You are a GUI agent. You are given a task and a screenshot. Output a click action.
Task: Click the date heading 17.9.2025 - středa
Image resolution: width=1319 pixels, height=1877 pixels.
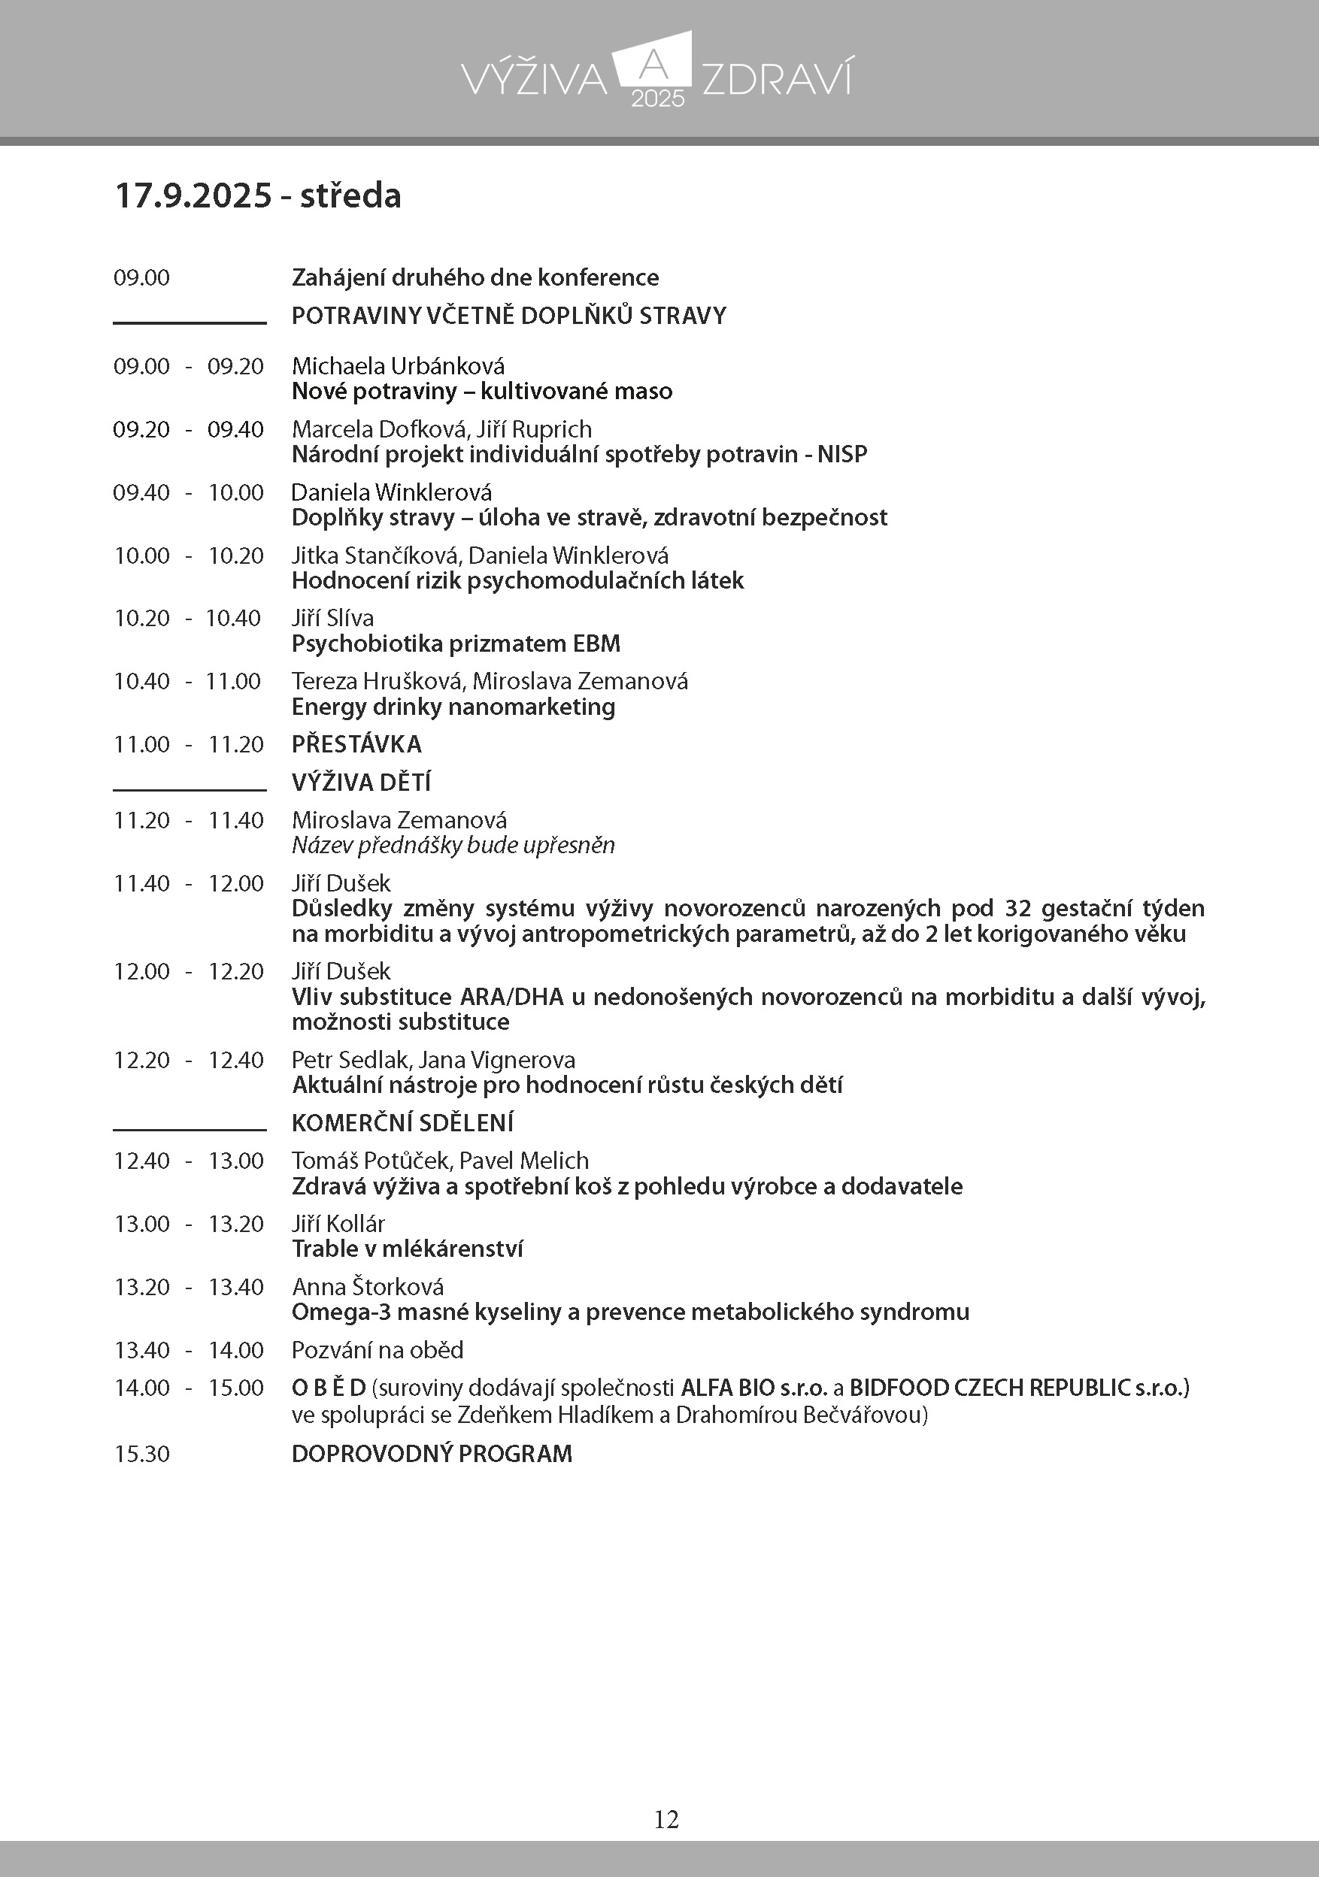(258, 196)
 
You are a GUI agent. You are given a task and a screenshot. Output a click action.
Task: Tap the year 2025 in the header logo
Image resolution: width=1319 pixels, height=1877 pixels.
(657, 99)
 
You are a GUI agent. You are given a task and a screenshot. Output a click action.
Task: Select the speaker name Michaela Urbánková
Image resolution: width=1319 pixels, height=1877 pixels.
(399, 365)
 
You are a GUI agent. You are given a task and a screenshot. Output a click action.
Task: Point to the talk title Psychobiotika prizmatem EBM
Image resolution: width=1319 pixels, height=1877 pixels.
(456, 643)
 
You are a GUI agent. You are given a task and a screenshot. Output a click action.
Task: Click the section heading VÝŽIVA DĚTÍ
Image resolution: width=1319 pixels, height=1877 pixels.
(361, 783)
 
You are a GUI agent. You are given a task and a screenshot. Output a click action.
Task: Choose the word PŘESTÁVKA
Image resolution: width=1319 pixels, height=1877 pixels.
(356, 744)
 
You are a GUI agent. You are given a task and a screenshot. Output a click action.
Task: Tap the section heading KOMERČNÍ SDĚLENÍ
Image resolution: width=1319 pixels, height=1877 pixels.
(402, 1122)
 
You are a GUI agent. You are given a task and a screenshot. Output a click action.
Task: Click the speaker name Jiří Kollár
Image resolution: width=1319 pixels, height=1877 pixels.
(338, 1223)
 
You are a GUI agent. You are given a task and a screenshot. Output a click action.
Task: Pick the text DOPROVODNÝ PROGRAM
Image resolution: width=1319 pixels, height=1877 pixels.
(432, 1454)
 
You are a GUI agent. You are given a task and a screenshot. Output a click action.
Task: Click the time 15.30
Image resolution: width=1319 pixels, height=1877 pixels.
(141, 1454)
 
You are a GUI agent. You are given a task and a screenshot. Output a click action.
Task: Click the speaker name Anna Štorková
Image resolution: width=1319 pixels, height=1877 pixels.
(368, 1287)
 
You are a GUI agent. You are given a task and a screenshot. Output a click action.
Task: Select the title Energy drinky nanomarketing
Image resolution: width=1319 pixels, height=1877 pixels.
(453, 707)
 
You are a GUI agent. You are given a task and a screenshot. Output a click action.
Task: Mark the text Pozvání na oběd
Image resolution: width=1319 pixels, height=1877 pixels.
(377, 1350)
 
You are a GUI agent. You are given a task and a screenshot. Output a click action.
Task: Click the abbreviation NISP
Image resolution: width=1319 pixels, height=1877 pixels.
(842, 454)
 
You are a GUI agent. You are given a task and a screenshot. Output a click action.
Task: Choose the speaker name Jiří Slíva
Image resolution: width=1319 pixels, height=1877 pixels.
(333, 618)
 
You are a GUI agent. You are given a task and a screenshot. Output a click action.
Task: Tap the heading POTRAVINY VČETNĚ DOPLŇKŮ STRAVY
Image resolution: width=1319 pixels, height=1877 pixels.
(508, 316)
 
